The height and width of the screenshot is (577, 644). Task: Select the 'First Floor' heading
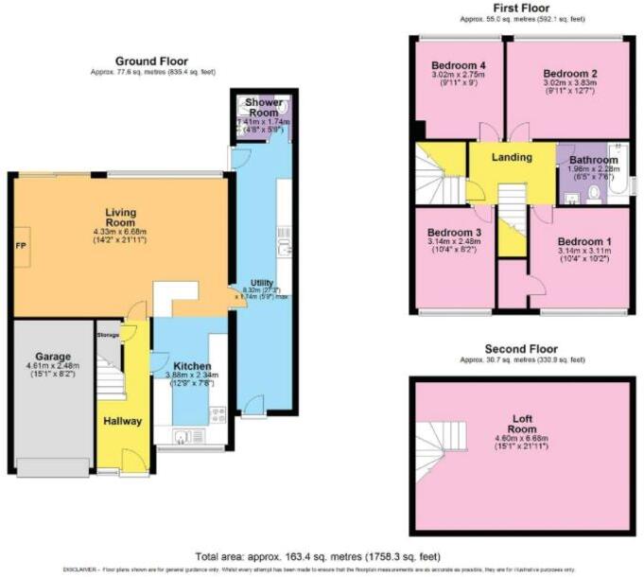click(522, 8)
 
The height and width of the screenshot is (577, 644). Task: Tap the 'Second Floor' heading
click(522, 348)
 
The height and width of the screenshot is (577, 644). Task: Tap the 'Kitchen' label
click(192, 366)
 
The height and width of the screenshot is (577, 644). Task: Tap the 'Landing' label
click(513, 157)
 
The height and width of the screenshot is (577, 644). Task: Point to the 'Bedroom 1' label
click(583, 241)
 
